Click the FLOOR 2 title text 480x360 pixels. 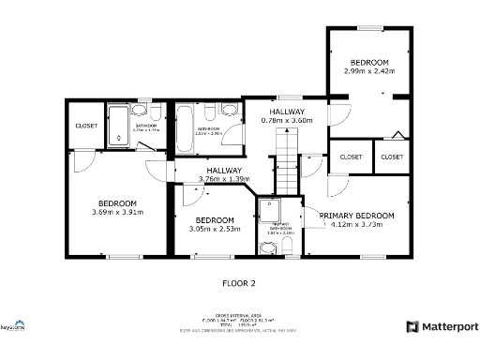238,282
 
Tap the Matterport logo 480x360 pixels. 442,326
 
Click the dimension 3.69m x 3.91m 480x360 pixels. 118,213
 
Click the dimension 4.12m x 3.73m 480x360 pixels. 357,225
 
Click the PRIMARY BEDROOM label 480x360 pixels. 357,216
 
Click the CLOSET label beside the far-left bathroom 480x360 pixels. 86,126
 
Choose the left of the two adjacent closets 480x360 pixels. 352,157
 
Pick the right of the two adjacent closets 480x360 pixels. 392,157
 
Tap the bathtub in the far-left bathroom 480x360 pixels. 119,127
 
